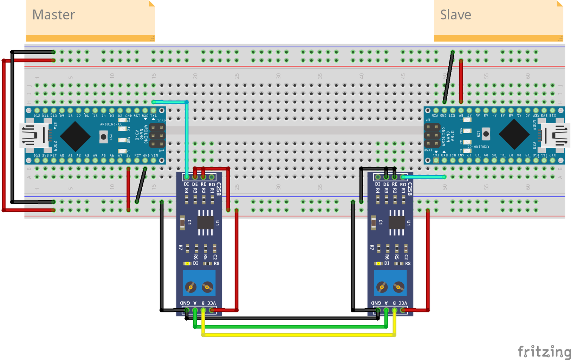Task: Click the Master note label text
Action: click(x=54, y=15)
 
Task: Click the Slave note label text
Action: click(x=455, y=15)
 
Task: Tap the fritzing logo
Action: click(x=544, y=351)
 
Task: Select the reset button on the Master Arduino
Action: click(x=103, y=137)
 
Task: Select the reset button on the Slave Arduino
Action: click(x=486, y=134)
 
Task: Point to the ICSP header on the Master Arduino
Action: click(x=157, y=135)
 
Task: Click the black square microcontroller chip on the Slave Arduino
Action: click(x=514, y=135)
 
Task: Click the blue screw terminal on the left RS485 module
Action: click(x=199, y=283)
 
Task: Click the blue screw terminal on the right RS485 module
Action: click(x=390, y=283)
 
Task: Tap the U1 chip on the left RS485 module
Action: click(x=206, y=223)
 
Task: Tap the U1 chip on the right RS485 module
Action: click(x=397, y=223)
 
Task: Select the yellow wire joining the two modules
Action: click(x=299, y=335)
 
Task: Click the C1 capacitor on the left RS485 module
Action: click(x=182, y=223)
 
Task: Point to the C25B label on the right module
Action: click(x=410, y=189)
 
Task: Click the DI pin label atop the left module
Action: click(x=186, y=184)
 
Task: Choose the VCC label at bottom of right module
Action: click(x=403, y=303)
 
